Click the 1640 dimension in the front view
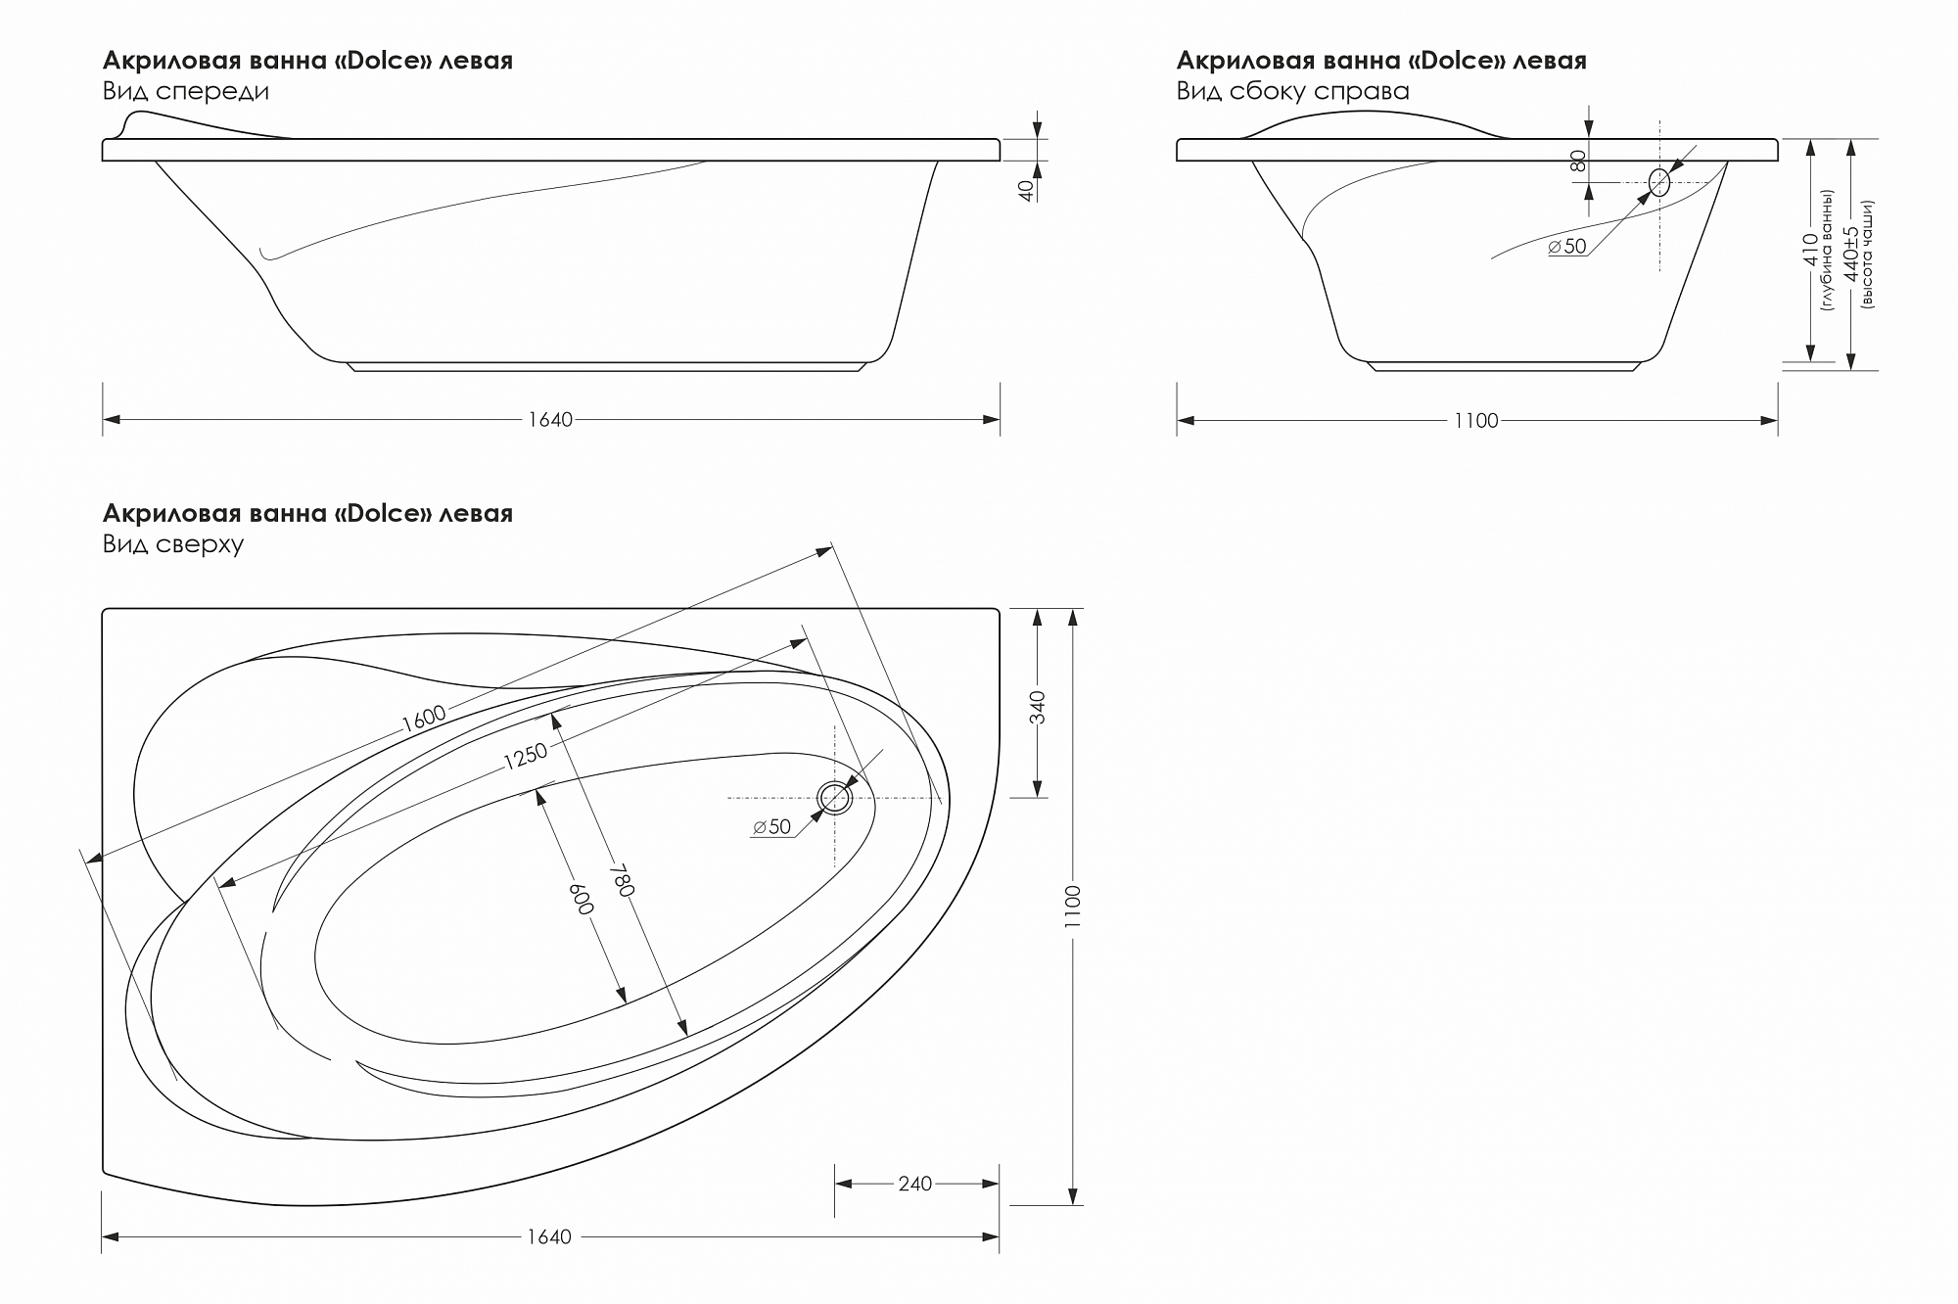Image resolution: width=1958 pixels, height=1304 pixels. (x=550, y=420)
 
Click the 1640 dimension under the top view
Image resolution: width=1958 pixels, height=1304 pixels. (x=549, y=1237)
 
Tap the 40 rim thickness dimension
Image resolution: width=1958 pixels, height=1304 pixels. (x=1027, y=190)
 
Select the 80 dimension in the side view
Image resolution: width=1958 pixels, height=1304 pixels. (x=1578, y=161)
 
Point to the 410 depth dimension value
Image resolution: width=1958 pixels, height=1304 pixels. (x=1810, y=250)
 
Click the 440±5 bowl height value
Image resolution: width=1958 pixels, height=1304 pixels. (x=1850, y=255)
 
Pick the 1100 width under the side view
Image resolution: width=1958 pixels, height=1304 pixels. (x=1476, y=421)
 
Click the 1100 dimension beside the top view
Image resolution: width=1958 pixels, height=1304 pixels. (x=1073, y=907)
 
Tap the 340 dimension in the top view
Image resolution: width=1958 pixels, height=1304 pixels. (x=1039, y=708)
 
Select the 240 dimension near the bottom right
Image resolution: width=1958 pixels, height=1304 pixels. (x=915, y=1185)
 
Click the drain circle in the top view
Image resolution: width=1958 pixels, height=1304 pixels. (x=835, y=798)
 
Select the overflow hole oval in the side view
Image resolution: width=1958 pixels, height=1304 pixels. (x=1659, y=182)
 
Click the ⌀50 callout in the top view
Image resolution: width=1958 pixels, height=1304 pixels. (x=772, y=827)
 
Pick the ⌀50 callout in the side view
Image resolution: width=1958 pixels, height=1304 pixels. (x=1567, y=247)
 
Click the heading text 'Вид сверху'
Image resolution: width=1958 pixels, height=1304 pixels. (x=173, y=544)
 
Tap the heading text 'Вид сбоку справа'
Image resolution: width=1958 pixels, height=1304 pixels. (x=1293, y=91)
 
